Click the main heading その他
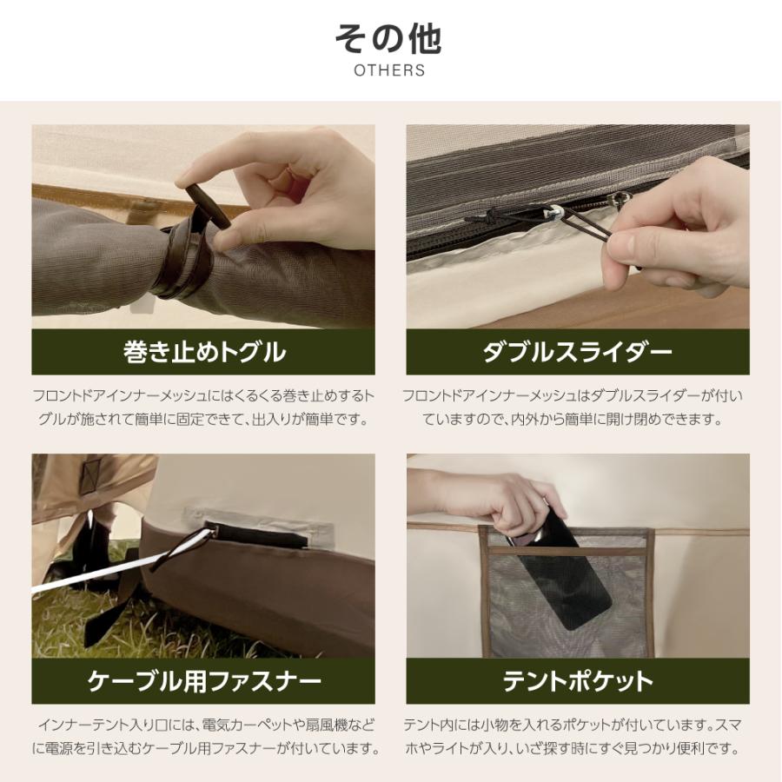(x=389, y=38)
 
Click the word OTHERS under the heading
(x=389, y=70)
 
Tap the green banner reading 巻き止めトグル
(x=203, y=352)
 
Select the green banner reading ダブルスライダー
(x=578, y=352)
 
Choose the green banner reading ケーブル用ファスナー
(x=203, y=680)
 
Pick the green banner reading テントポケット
(x=578, y=680)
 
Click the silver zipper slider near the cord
(x=551, y=211)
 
